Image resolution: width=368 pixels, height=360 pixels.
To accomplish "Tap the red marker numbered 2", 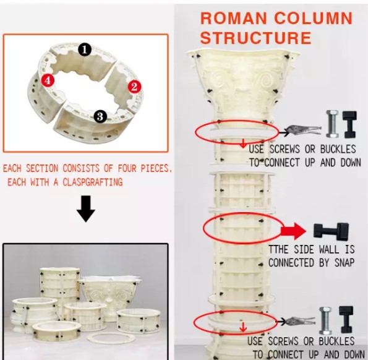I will pyautogui.click(x=134, y=87).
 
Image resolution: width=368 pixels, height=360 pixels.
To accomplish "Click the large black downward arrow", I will pyautogui.click(x=85, y=212).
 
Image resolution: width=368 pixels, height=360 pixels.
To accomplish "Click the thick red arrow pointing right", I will pyautogui.click(x=293, y=232).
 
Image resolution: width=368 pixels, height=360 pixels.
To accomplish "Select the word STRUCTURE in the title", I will pyautogui.click(x=255, y=38).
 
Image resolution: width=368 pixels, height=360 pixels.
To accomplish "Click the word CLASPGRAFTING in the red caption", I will pyautogui.click(x=87, y=182).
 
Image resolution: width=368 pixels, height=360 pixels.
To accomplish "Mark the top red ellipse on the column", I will pyautogui.click(x=236, y=132).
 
